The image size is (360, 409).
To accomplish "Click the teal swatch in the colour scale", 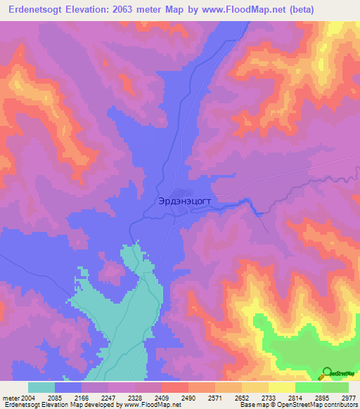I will [x=41, y=387].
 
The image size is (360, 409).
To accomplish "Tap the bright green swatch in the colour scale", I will [x=309, y=387].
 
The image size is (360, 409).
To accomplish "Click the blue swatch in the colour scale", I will [x=68, y=387].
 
